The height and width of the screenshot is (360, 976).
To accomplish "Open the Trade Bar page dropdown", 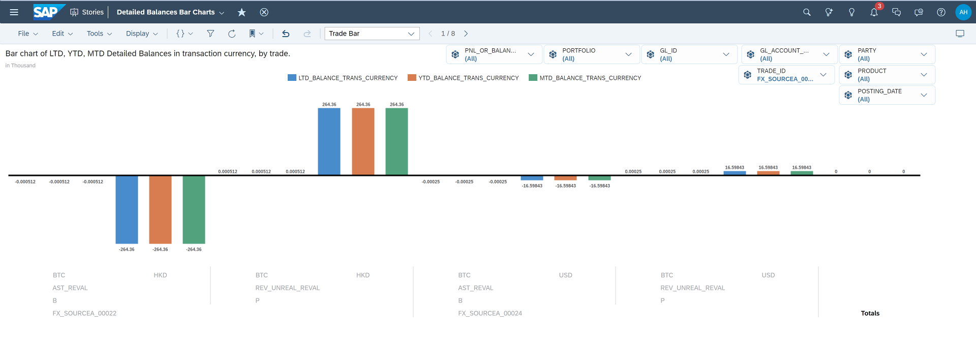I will point(372,34).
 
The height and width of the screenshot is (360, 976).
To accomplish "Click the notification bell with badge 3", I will point(874,12).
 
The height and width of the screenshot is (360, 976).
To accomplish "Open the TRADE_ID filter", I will point(786,75).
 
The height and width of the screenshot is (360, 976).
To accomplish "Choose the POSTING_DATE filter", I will point(887,95).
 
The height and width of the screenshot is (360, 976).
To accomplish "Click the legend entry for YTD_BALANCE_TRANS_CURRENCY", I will point(463,78).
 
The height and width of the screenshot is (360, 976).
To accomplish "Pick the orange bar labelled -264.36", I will point(160,209).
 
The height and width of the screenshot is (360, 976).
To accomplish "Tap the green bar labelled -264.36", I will point(194,209).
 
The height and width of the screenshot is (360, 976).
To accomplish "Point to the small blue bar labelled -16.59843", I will point(532,178).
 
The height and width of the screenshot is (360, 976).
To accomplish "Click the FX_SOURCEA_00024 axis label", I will point(490,313).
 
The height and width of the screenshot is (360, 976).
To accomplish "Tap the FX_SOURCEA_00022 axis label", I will point(84,313).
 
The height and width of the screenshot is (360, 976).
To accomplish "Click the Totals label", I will point(870,313).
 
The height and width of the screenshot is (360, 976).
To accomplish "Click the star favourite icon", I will point(242,12).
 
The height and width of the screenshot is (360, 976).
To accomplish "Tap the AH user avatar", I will point(963,12).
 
